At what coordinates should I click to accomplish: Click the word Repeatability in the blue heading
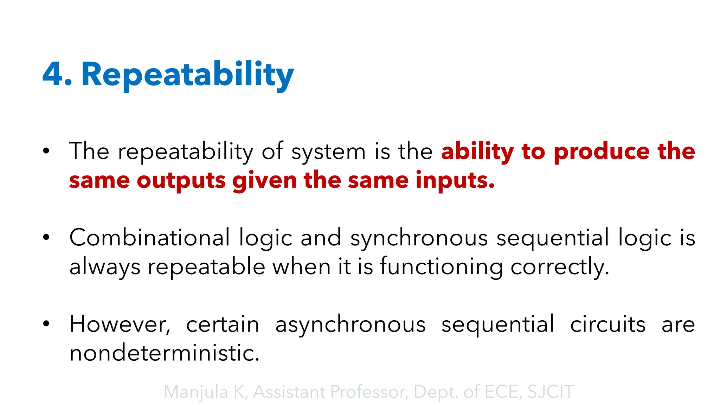point(187,75)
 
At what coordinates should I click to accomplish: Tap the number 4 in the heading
point(53,75)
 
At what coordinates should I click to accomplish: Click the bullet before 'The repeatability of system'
point(46,152)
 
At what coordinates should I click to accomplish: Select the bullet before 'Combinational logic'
point(46,237)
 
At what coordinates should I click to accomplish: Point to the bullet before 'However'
point(46,324)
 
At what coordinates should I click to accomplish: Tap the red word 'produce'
point(602,152)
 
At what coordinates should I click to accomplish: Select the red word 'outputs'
point(181,181)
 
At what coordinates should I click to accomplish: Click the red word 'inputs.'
point(455,181)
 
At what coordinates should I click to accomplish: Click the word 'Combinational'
point(150,238)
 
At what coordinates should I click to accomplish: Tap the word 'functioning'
point(442,267)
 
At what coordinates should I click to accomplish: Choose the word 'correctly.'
point(560,267)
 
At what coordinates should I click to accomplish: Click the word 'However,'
point(120,324)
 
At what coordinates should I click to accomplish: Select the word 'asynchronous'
point(351,324)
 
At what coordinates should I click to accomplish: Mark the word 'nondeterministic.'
point(164,353)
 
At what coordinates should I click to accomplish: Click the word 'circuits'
point(608,324)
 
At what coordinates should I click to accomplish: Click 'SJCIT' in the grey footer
point(551,392)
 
